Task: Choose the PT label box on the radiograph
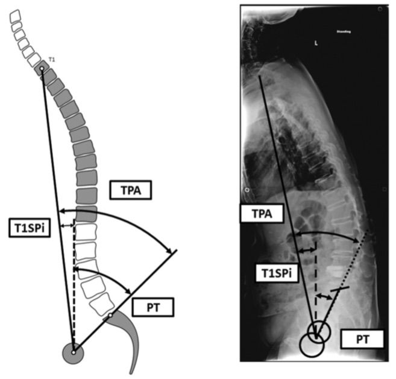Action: (x=361, y=339)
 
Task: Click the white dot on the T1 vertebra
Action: (x=42, y=70)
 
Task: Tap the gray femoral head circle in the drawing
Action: (x=74, y=352)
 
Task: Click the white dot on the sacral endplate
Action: (x=110, y=316)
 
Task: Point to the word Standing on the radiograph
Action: (x=344, y=31)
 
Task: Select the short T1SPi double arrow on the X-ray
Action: (x=306, y=249)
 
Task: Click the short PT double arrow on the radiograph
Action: (x=324, y=296)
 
